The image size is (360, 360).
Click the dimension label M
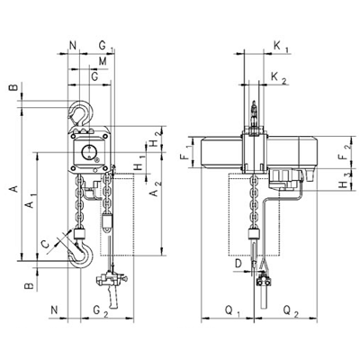tap(103, 61)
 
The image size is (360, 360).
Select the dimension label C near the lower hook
tap(45, 245)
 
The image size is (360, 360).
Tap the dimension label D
tap(238, 264)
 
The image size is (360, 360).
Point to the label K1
tap(281, 47)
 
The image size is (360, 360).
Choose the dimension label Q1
tap(232, 311)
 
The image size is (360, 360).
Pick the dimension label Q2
tap(291, 311)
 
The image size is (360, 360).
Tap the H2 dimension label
tap(155, 139)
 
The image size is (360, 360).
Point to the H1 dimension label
tap(139, 163)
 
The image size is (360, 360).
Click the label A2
tap(155, 189)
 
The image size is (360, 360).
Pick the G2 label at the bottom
tap(100, 311)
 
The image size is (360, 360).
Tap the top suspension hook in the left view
tap(81, 112)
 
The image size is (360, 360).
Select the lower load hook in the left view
tap(80, 255)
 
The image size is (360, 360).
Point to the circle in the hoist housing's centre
tap(89, 152)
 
